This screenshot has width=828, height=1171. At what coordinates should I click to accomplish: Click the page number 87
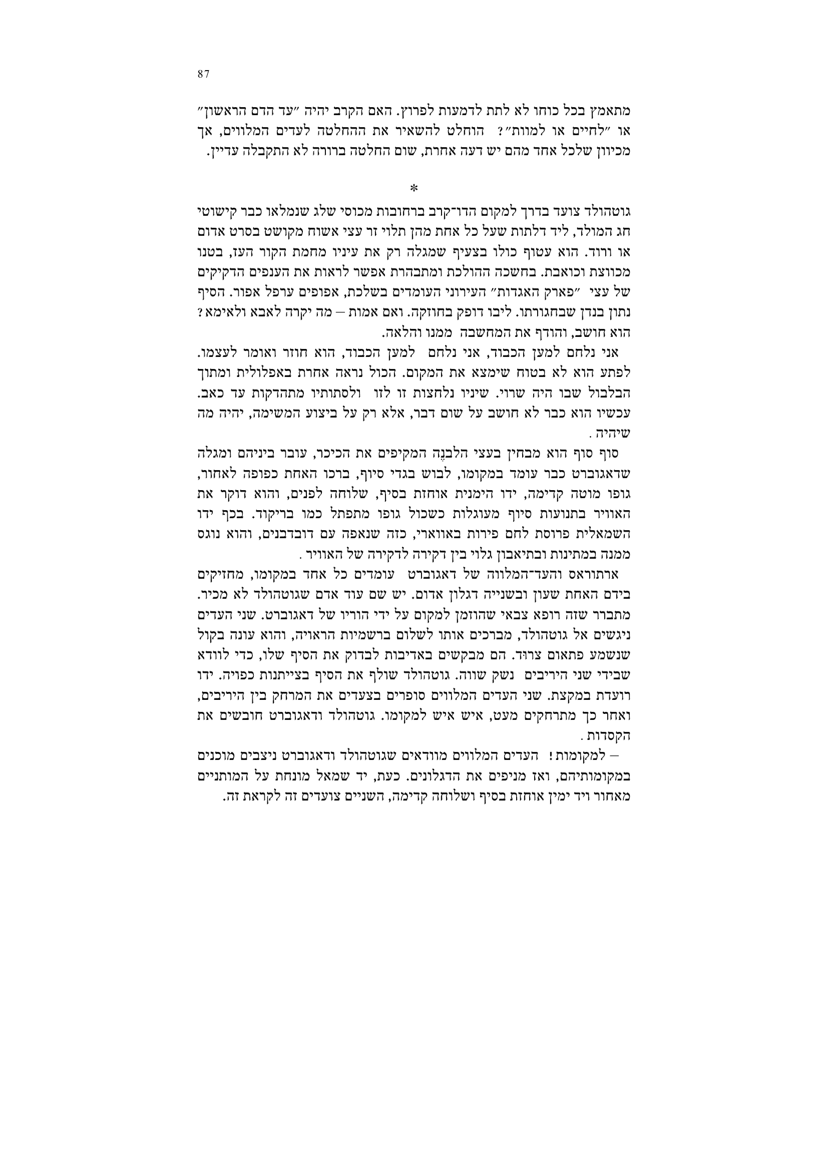coord(203,74)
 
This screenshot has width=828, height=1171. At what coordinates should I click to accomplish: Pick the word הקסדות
coord(612,736)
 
